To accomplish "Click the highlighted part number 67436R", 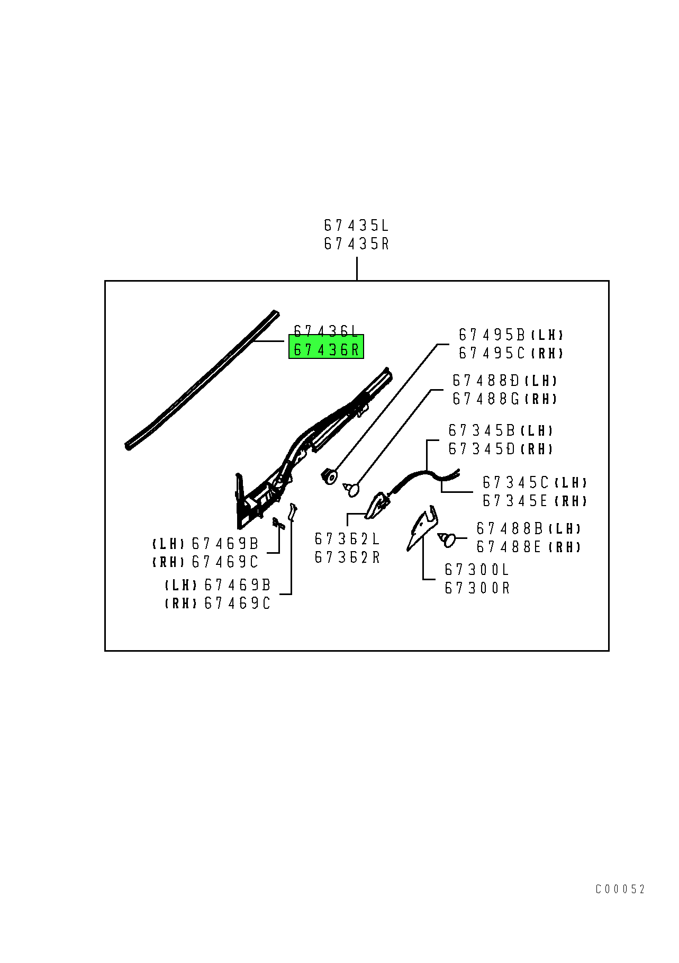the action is tap(326, 349).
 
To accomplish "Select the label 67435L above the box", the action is tap(356, 226).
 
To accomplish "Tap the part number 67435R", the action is tap(356, 244).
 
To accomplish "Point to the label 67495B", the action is tap(492, 335).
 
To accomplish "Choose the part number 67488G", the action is tap(485, 399).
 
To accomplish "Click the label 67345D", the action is tap(481, 449).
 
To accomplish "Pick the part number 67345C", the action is tap(515, 483).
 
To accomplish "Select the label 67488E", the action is tap(509, 546).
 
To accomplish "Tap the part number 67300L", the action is tap(477, 570).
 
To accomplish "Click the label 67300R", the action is tap(477, 588).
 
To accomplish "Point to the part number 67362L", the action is tap(347, 539).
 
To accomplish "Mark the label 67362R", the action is tap(347, 557).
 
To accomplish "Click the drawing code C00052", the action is tap(620, 889).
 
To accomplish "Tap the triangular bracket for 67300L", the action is tap(422, 527).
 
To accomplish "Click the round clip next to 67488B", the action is tap(447, 540).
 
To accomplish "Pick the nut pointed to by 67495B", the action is tap(329, 476).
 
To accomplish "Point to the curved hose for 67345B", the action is tap(423, 479).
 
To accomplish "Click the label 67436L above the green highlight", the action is tap(326, 331).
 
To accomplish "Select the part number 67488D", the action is tap(485, 381).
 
